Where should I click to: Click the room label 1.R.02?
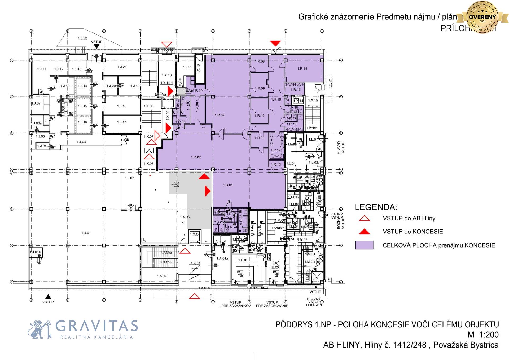196,157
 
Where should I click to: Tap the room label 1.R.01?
228,185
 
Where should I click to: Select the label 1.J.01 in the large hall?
86,233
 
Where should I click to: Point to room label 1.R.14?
302,68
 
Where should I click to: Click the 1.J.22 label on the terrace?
82,38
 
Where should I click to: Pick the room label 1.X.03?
185,217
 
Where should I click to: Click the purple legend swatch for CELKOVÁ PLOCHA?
364,245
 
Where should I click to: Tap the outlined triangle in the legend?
364,218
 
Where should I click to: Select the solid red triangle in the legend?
364,232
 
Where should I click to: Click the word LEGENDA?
376,207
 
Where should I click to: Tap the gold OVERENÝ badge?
482,17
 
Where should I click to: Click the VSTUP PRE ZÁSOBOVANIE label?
272,304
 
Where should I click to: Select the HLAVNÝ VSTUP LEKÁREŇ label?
314,302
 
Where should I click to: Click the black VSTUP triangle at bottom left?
48,296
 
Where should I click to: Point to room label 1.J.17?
122,122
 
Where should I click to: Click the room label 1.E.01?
243,260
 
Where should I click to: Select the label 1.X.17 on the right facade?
330,84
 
